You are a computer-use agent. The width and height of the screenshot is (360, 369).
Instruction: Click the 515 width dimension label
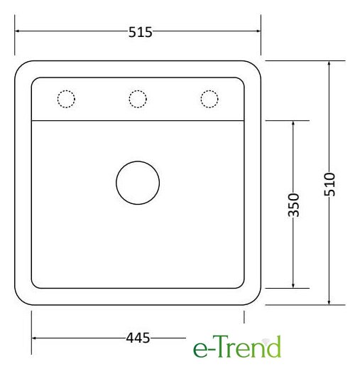click(x=141, y=32)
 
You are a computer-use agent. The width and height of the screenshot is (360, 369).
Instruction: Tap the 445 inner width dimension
click(x=138, y=338)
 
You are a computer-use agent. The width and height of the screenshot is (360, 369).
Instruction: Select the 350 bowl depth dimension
click(x=294, y=205)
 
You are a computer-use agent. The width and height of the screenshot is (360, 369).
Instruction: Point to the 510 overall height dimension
click(x=329, y=184)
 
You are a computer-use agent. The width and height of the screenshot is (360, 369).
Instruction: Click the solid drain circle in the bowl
click(x=138, y=161)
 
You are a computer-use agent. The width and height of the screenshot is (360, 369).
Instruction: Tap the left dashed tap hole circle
click(x=66, y=90)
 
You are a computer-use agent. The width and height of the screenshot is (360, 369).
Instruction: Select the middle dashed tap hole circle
click(x=138, y=90)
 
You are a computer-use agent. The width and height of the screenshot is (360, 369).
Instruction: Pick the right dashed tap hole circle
click(x=209, y=90)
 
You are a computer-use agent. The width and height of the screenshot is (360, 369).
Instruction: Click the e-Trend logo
click(x=237, y=346)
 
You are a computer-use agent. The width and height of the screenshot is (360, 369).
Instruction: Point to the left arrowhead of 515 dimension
click(x=16, y=31)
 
